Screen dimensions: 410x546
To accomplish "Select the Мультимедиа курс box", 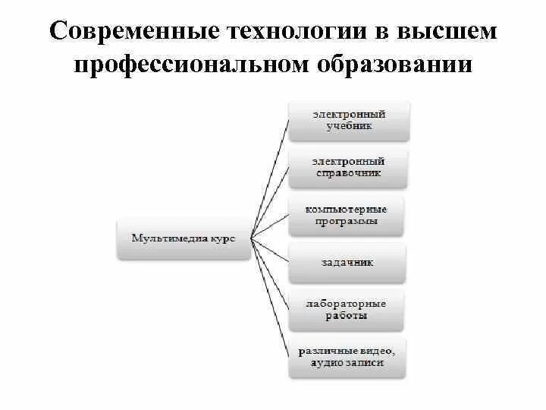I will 184,238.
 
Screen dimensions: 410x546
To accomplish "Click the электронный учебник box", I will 350,120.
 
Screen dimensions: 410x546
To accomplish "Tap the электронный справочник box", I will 350,167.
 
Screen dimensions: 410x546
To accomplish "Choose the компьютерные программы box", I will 347,215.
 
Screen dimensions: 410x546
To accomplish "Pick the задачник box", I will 347,263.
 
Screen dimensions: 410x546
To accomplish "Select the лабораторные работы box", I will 347,309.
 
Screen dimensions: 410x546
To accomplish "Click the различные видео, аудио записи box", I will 347,357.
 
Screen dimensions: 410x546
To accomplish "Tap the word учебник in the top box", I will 350,126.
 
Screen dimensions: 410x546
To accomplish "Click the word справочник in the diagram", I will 350,173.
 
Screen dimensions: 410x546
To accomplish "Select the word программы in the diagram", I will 347,222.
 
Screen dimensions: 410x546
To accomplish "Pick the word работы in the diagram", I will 347,315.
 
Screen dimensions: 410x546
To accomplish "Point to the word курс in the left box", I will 220,238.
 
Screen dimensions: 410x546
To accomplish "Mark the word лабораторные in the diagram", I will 347,303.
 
